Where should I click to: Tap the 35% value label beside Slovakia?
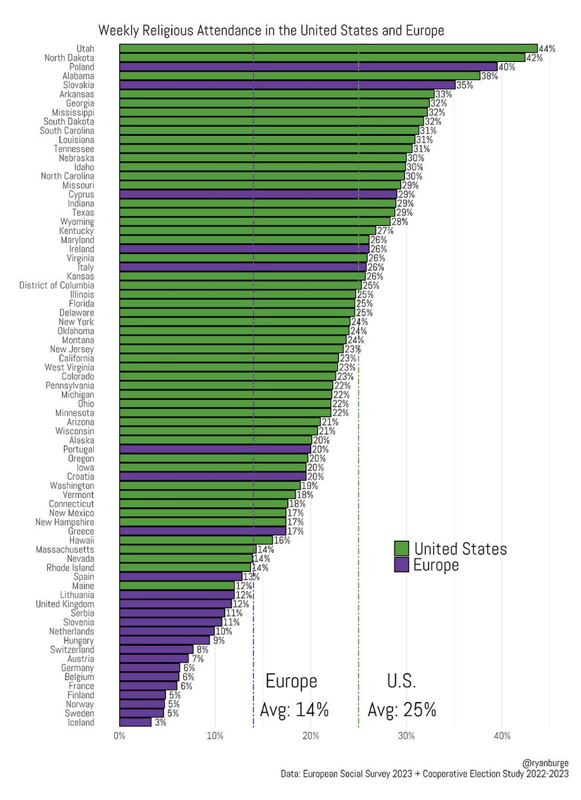464,85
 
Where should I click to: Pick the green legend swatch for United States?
401,549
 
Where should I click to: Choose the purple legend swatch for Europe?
401,565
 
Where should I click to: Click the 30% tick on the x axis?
406,736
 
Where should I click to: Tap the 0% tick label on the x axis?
120,736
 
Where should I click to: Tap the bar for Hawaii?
196,540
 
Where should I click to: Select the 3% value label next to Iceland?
160,723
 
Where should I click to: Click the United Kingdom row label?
65,604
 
